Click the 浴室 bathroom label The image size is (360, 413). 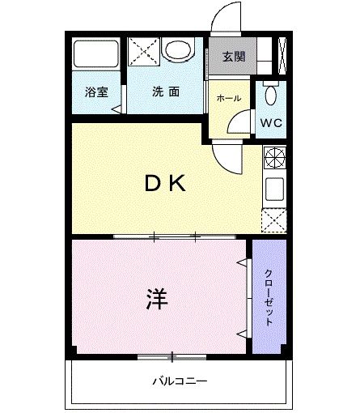[x=96, y=92]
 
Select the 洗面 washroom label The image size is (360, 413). [x=166, y=92]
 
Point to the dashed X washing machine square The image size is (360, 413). [x=144, y=52]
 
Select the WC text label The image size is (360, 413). [x=271, y=124]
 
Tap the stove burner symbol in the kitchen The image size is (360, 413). [x=274, y=157]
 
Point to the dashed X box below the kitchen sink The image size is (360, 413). [x=274, y=219]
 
